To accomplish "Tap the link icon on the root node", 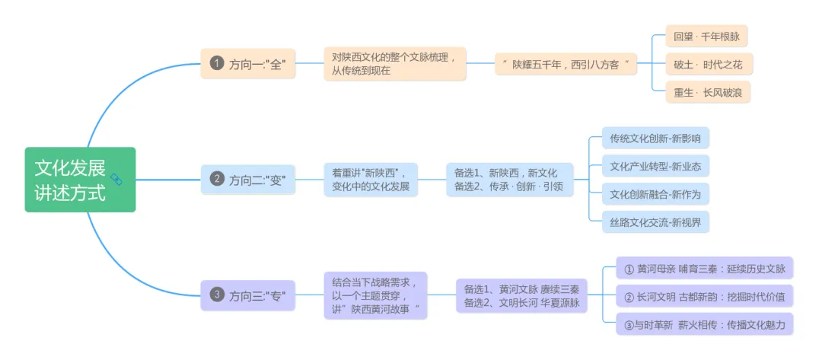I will [116, 179].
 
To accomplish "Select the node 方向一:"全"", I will [248, 64].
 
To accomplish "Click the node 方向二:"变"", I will [248, 180].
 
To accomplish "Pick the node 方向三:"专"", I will [248, 295].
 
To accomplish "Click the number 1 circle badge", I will [217, 64].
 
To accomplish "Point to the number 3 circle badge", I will [217, 295].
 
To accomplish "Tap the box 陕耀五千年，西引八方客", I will [566, 64].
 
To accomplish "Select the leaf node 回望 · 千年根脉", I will [706, 36].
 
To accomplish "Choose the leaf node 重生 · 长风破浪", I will [707, 92].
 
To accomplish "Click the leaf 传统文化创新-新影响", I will [655, 139].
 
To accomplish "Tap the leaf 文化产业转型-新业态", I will [655, 166].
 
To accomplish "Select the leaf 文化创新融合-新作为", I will [655, 194].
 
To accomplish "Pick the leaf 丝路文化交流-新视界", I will [655, 222].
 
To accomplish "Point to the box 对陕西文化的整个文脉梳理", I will [394, 64].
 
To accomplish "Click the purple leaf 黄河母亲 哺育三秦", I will [704, 268].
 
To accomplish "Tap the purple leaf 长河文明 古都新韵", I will [704, 296].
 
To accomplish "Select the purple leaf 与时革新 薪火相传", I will [704, 324].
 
